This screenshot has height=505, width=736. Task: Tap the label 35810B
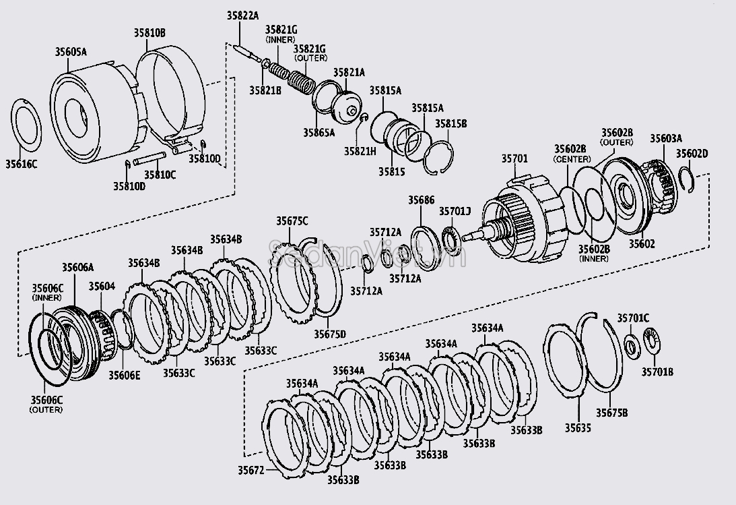pos(149,32)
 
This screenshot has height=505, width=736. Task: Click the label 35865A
pos(319,132)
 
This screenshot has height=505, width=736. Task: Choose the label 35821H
pos(360,150)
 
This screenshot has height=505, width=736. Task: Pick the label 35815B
pos(450,124)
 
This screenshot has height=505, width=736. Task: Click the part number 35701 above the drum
pos(514,159)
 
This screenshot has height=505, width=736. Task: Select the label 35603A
pos(665,138)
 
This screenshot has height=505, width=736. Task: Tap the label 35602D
pos(692,153)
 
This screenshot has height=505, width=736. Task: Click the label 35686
pos(422,200)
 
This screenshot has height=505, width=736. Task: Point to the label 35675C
pos(292,220)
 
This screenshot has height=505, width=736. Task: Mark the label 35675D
pos(329,333)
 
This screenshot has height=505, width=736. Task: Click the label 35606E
pos(125,375)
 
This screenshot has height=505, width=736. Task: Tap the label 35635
pos(576,427)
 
